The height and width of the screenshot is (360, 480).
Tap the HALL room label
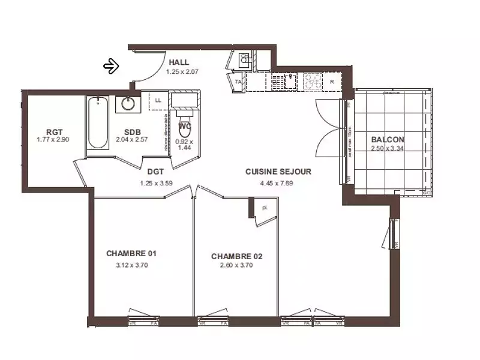pyautogui.click(x=179, y=62)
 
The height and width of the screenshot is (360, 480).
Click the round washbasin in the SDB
pyautogui.click(x=128, y=103)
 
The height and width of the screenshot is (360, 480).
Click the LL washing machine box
pyautogui.click(x=158, y=100)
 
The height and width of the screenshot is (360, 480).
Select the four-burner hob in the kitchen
pyautogui.click(x=313, y=80)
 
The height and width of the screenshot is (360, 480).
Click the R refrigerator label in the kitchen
pyautogui.click(x=332, y=81)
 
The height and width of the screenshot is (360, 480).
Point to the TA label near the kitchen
pyautogui.click(x=238, y=81)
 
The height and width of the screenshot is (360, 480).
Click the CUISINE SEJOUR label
pyautogui.click(x=278, y=172)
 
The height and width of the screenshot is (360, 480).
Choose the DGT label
pyautogui.click(x=156, y=172)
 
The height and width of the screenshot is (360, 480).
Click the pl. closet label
pyautogui.click(x=264, y=208)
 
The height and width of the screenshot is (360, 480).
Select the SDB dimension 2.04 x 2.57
pyautogui.click(x=132, y=139)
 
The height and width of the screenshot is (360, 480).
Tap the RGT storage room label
pyautogui.click(x=55, y=132)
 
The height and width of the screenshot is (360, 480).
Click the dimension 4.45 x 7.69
pyautogui.click(x=277, y=183)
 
